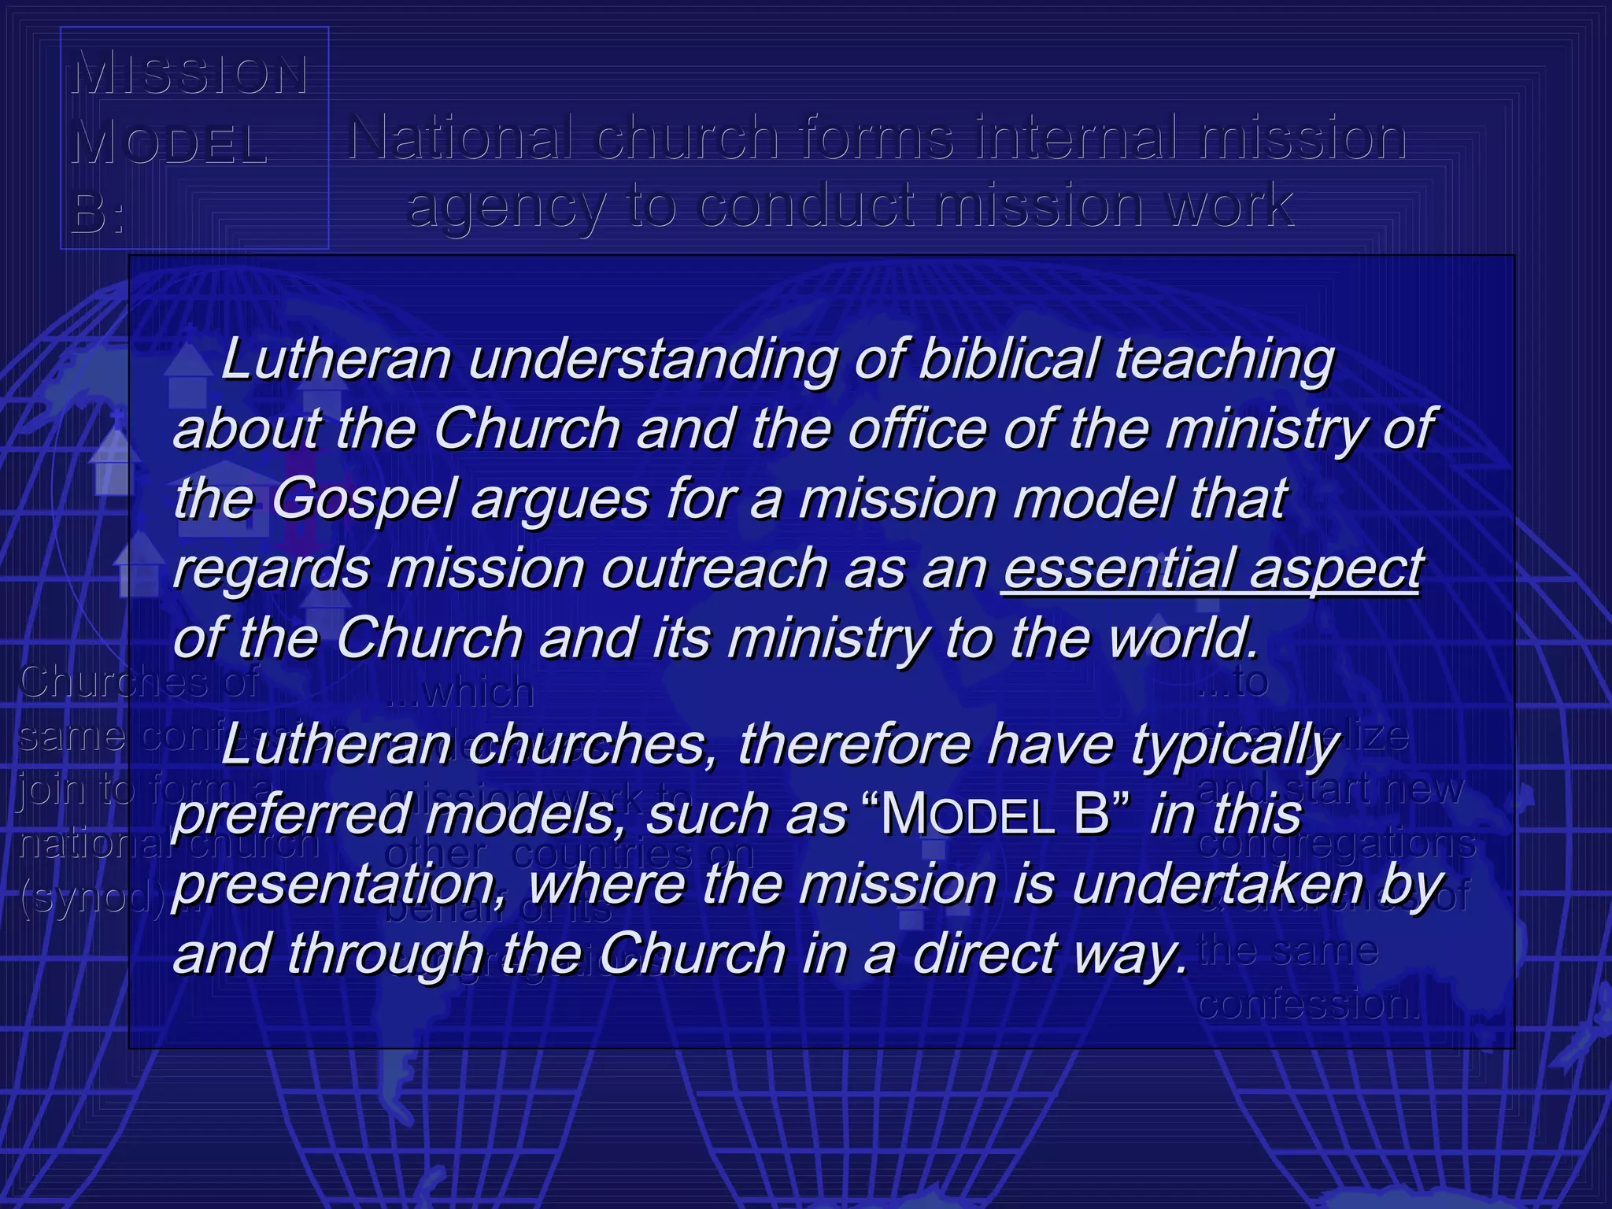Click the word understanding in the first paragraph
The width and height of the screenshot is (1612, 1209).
pos(653,360)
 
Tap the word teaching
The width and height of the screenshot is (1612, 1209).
pos(1225,360)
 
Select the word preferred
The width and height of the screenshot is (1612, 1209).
pos(291,815)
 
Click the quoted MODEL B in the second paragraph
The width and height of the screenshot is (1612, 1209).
pos(995,815)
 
